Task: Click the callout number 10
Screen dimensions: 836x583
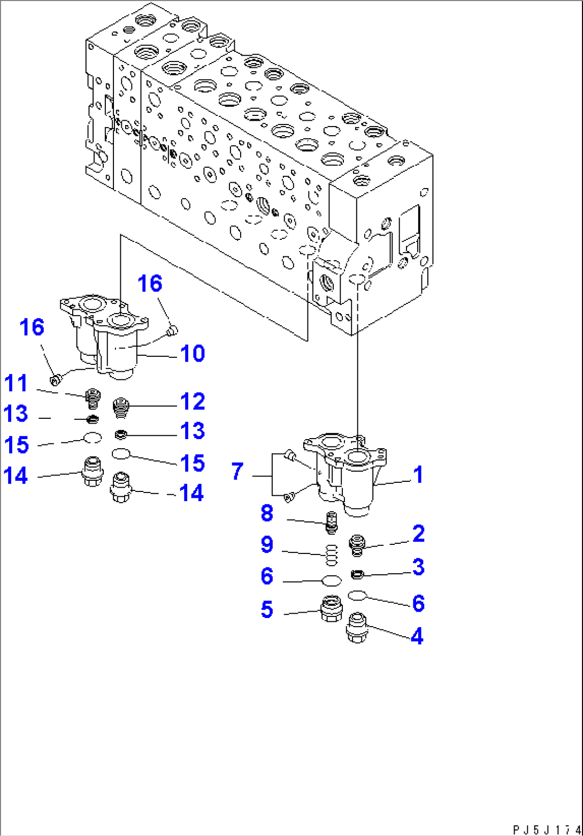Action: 190,353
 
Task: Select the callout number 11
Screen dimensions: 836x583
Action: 16,384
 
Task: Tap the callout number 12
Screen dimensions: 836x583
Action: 190,402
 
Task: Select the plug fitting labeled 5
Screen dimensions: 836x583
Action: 331,608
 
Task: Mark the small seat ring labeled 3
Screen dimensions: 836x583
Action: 357,574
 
